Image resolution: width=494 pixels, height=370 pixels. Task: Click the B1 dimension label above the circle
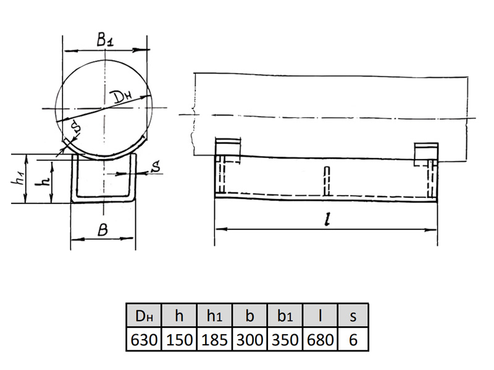click(x=105, y=40)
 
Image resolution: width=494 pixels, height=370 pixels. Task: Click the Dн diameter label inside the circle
click(x=123, y=97)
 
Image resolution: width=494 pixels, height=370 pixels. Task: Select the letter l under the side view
click(x=328, y=220)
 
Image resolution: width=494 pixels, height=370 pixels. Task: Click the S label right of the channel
click(x=156, y=166)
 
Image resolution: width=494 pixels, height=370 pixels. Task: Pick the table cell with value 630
click(x=144, y=340)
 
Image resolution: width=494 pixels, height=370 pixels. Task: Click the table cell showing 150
click(x=179, y=340)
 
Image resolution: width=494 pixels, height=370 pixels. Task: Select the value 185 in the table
click(x=214, y=340)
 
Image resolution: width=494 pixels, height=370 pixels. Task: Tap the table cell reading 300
click(x=249, y=340)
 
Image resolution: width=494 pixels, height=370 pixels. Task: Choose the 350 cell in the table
click(x=285, y=340)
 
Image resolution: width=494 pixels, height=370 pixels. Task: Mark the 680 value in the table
click(x=320, y=340)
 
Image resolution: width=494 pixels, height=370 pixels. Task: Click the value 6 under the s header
click(x=353, y=340)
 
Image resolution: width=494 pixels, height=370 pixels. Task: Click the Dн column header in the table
click(x=144, y=316)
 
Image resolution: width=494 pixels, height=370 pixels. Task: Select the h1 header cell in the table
click(x=214, y=316)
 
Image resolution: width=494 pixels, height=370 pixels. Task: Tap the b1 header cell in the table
click(x=285, y=316)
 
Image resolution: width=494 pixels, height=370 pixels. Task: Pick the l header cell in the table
click(x=320, y=316)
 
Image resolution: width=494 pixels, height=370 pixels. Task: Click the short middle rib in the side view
click(x=327, y=181)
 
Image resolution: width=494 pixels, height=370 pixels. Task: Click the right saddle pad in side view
click(x=426, y=155)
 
